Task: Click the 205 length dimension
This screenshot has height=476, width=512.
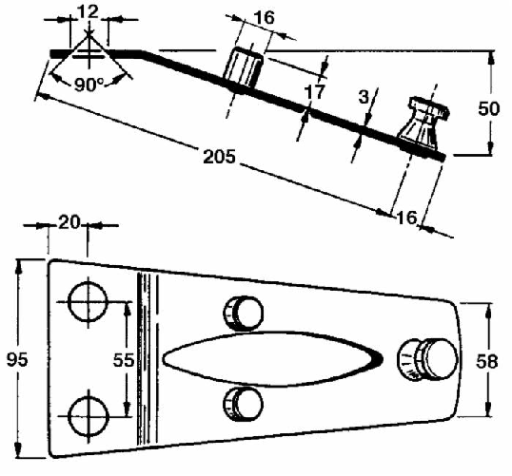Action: pyautogui.click(x=219, y=157)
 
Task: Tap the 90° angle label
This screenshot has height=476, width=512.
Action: pyautogui.click(x=89, y=85)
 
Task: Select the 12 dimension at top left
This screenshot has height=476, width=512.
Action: pyautogui.click(x=89, y=11)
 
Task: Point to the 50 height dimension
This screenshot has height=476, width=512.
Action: pyautogui.click(x=489, y=108)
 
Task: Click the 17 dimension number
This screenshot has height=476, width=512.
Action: pyautogui.click(x=315, y=91)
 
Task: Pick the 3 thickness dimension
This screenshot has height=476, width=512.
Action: pyautogui.click(x=364, y=97)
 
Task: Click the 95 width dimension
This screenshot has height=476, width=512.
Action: pyautogui.click(x=17, y=359)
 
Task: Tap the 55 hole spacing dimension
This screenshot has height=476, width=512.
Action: pyautogui.click(x=124, y=360)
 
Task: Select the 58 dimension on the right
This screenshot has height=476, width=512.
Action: pyautogui.click(x=487, y=361)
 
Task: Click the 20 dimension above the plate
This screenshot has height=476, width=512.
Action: pyautogui.click(x=69, y=222)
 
